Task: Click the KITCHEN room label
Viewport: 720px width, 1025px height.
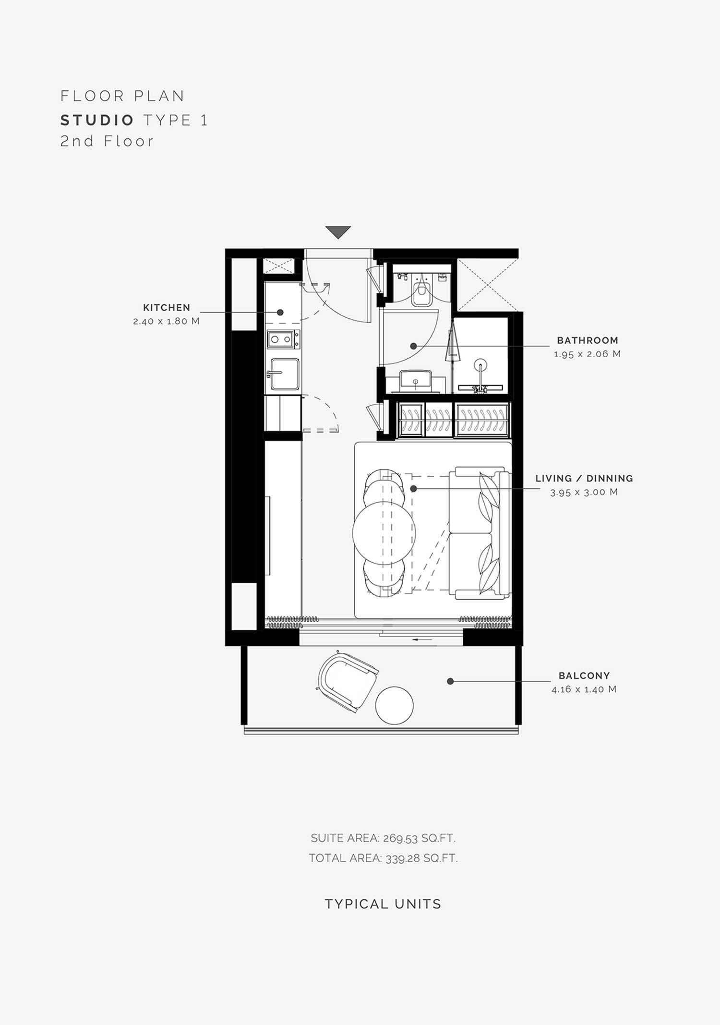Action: [x=167, y=308]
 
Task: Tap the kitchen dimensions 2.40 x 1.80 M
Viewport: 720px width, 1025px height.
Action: [x=166, y=321]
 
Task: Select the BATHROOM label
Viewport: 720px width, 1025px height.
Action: [x=588, y=340]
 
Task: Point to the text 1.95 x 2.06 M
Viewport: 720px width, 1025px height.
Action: [x=587, y=354]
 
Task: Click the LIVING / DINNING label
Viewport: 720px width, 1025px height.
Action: [x=584, y=479]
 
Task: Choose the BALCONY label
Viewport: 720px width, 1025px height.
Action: [x=584, y=675]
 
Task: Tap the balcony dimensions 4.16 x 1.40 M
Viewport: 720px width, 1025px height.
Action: [x=584, y=689]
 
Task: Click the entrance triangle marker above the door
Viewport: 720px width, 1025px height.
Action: [x=338, y=232]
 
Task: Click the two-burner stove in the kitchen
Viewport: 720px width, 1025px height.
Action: [x=283, y=339]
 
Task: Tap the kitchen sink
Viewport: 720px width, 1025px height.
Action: [x=285, y=374]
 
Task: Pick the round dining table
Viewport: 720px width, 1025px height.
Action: [x=384, y=532]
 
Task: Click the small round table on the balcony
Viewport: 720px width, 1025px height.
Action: [x=394, y=705]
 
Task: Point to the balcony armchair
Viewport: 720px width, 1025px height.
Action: [x=348, y=681]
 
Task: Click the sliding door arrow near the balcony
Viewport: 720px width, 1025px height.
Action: [x=422, y=639]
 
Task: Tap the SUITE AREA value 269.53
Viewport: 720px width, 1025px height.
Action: [x=400, y=838]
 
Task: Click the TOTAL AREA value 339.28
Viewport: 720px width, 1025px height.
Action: [x=402, y=858]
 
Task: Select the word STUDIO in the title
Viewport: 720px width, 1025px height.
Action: [x=97, y=120]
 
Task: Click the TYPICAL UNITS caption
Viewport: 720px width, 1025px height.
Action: [x=383, y=904]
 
